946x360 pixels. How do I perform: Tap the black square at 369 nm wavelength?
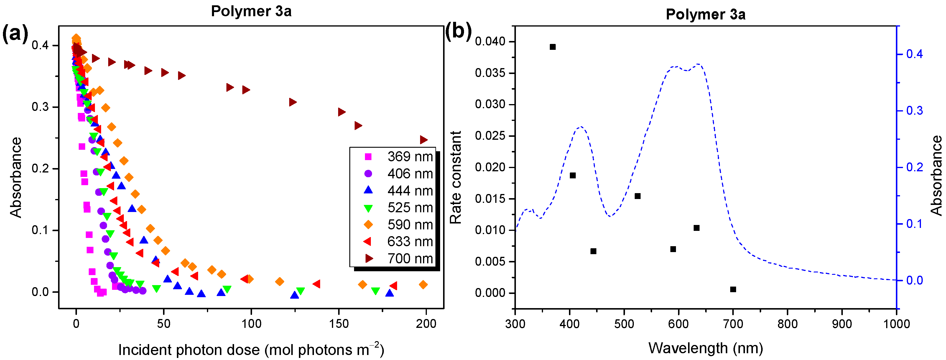pos(552,47)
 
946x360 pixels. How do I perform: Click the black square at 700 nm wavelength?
pos(733,290)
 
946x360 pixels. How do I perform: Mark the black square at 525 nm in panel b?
pos(638,196)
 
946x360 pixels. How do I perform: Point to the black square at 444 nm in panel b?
pos(593,251)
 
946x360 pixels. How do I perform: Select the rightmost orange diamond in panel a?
pos(423,285)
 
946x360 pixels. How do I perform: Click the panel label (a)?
pos(15,34)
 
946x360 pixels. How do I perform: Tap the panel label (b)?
pos(458,31)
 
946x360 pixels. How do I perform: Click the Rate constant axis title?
pos(456,177)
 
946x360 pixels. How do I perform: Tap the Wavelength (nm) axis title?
pos(705,348)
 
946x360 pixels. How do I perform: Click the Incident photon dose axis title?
pos(251,350)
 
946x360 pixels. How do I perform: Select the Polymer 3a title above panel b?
pos(705,15)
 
